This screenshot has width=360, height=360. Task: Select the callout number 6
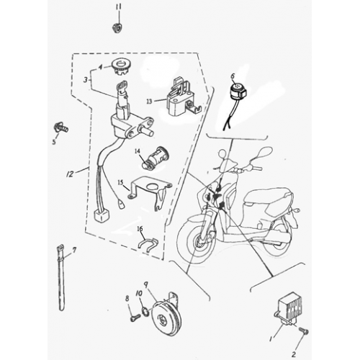click(x=233, y=74)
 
